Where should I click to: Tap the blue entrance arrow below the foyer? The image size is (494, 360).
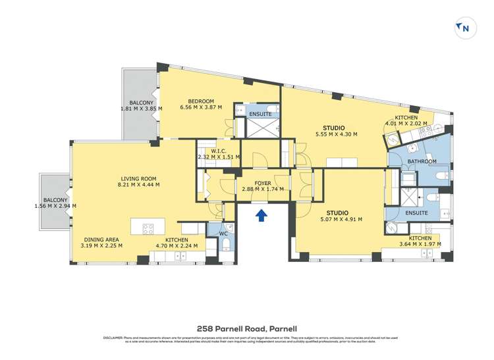pyautogui.click(x=261, y=215)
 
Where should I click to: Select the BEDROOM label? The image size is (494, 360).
pyautogui.click(x=201, y=101)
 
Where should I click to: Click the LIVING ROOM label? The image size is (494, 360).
pyautogui.click(x=140, y=178)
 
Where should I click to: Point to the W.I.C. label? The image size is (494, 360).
pyautogui.click(x=219, y=151)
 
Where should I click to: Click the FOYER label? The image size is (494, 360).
pyautogui.click(x=263, y=182)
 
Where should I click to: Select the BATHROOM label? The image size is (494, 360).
pyautogui.click(x=422, y=161)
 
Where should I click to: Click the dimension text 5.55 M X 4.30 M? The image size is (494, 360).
pyautogui.click(x=336, y=134)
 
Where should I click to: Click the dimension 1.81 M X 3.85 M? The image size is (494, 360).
pyautogui.click(x=141, y=109)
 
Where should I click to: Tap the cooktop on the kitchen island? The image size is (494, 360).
pyautogui.click(x=148, y=229)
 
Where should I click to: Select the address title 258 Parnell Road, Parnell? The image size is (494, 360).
pyautogui.click(x=247, y=327)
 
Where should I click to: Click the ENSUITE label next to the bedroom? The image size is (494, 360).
pyautogui.click(x=260, y=115)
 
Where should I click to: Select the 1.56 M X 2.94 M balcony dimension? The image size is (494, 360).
pyautogui.click(x=55, y=206)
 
